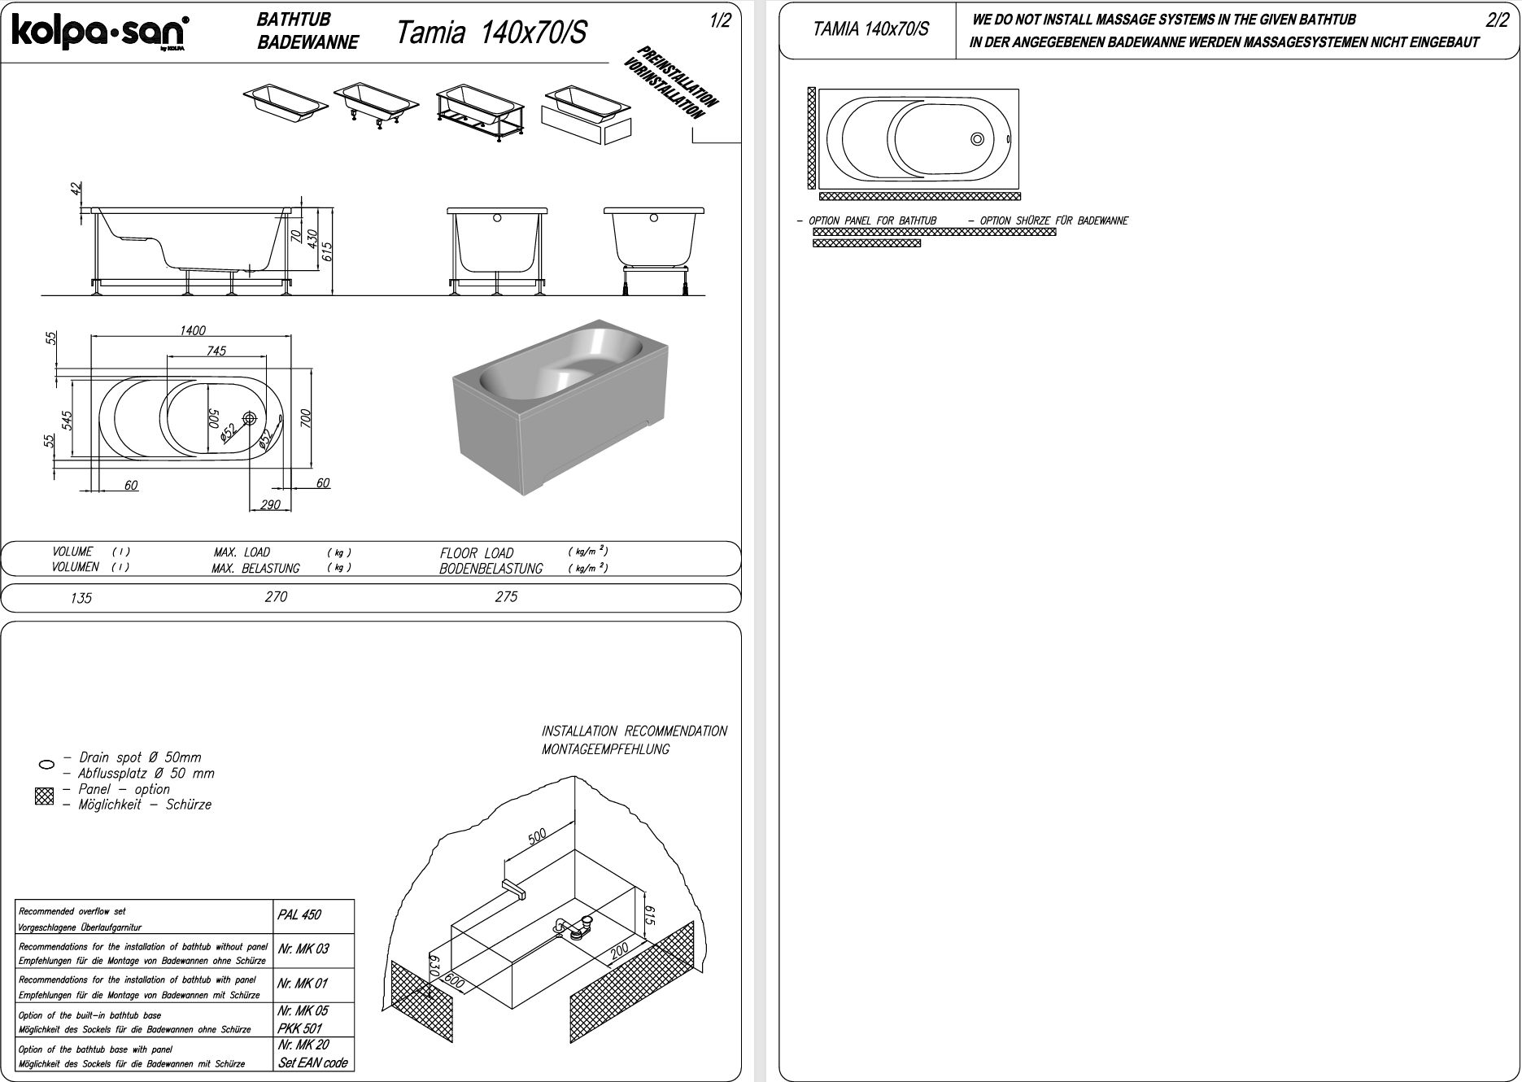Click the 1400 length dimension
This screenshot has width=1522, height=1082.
[x=193, y=330]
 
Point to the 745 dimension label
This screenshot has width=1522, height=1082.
[x=216, y=351]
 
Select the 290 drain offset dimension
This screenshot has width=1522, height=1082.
[x=270, y=505]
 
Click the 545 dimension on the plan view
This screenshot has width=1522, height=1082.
[x=68, y=420]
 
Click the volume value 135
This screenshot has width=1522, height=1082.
[x=81, y=599]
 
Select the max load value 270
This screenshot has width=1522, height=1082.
[x=276, y=597]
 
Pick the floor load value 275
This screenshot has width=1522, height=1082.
[x=506, y=597]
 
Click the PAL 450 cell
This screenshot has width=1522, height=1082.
[x=299, y=915]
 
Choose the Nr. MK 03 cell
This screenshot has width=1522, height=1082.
[x=303, y=949]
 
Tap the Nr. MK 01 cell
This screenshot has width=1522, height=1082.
[x=303, y=984]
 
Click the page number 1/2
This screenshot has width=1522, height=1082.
[x=720, y=21]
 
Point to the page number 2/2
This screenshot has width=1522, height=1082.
[x=1497, y=21]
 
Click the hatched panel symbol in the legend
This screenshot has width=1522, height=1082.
[x=44, y=796]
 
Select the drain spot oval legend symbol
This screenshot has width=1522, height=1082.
[x=46, y=765]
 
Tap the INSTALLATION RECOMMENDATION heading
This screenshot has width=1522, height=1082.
[x=635, y=731]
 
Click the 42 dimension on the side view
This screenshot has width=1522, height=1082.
[x=76, y=189]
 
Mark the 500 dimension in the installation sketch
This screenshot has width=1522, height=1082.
[x=537, y=836]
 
